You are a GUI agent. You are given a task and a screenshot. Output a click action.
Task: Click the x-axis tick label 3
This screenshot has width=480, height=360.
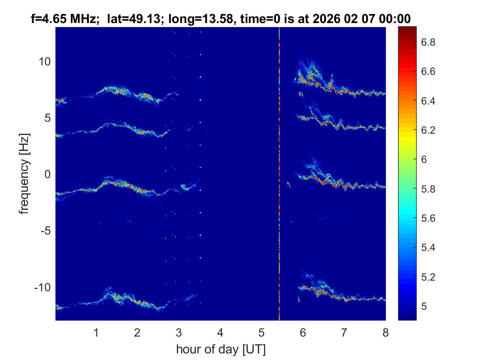pos(179,332)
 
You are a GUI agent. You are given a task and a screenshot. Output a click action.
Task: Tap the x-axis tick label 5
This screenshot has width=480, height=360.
pos(261,332)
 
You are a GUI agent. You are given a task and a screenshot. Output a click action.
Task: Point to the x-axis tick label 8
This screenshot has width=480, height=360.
pos(385,332)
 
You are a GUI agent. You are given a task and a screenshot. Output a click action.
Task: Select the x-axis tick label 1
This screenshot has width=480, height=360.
pos(96,332)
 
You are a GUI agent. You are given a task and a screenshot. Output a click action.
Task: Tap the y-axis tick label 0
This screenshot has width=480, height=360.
pos(47,174)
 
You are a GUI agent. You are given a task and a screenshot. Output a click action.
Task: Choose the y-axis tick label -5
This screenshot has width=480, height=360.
pos(45,231)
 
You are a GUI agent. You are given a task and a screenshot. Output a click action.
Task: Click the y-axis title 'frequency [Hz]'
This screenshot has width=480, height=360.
pos(26,174)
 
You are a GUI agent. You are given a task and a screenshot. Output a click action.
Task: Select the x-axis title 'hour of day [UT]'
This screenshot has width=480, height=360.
pos(220,350)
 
